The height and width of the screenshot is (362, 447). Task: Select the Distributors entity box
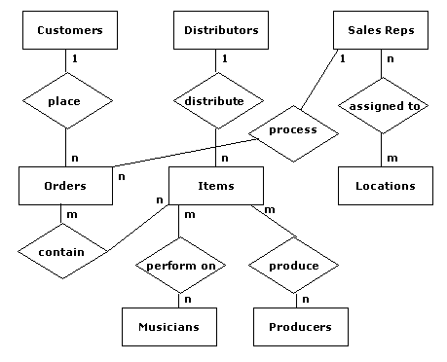221,30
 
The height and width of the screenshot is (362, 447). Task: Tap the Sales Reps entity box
381,30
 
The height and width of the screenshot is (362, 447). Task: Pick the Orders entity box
65,186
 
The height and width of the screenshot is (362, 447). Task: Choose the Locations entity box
385,186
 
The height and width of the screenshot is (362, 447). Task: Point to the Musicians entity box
168,327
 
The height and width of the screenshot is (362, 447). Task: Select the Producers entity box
299,327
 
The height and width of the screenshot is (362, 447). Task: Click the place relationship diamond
65,100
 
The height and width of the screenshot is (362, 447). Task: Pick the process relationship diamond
292,129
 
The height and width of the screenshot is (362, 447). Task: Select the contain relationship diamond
61,251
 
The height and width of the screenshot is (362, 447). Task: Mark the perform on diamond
178,265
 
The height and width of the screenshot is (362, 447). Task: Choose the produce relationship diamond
293,265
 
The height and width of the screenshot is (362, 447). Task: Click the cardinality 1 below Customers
75,58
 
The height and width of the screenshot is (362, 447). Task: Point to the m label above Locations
392,157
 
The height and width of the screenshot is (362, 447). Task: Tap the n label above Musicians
187,299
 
